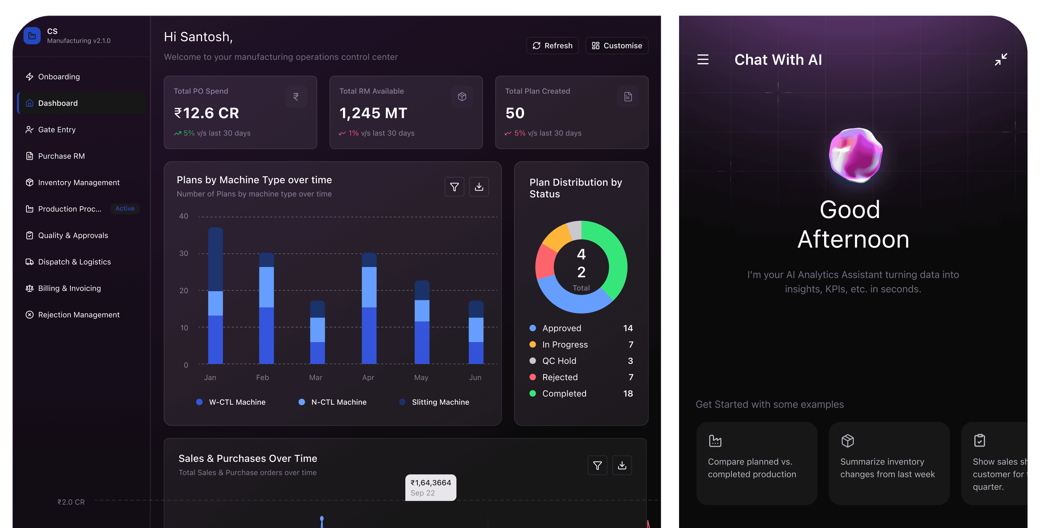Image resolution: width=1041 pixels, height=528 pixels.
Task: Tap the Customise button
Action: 617,46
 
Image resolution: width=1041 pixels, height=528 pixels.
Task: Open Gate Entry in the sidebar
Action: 57,130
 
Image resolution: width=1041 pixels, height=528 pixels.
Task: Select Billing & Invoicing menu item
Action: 69,288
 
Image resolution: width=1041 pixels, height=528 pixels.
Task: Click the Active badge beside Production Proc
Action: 125,209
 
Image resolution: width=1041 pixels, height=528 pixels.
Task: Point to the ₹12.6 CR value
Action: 206,113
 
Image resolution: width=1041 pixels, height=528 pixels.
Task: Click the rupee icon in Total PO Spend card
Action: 296,97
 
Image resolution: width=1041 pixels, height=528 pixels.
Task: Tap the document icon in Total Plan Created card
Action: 628,97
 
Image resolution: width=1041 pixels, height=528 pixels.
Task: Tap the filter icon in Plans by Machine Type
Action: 454,187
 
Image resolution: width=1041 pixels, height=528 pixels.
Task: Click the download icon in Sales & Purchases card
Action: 622,465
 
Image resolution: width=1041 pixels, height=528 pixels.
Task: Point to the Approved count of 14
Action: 628,328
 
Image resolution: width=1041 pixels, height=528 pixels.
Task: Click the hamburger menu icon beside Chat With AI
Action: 703,60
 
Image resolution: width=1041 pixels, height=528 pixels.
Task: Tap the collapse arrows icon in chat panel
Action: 1001,60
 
